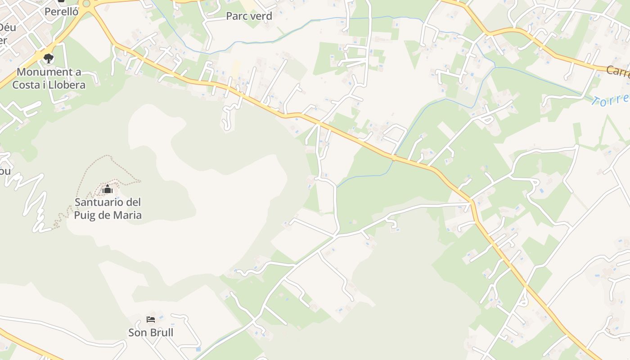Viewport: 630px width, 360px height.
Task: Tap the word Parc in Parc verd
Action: (x=237, y=16)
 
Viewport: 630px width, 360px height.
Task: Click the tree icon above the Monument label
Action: (x=49, y=58)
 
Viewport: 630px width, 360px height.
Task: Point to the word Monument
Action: (x=43, y=72)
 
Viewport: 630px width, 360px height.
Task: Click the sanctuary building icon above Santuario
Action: (x=108, y=189)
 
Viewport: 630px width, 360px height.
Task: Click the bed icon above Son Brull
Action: (x=151, y=319)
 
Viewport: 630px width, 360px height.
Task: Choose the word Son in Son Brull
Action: (x=137, y=333)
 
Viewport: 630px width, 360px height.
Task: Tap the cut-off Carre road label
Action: (x=617, y=71)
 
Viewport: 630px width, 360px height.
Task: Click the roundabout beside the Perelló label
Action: (x=86, y=4)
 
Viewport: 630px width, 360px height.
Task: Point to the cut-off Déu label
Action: (x=8, y=27)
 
